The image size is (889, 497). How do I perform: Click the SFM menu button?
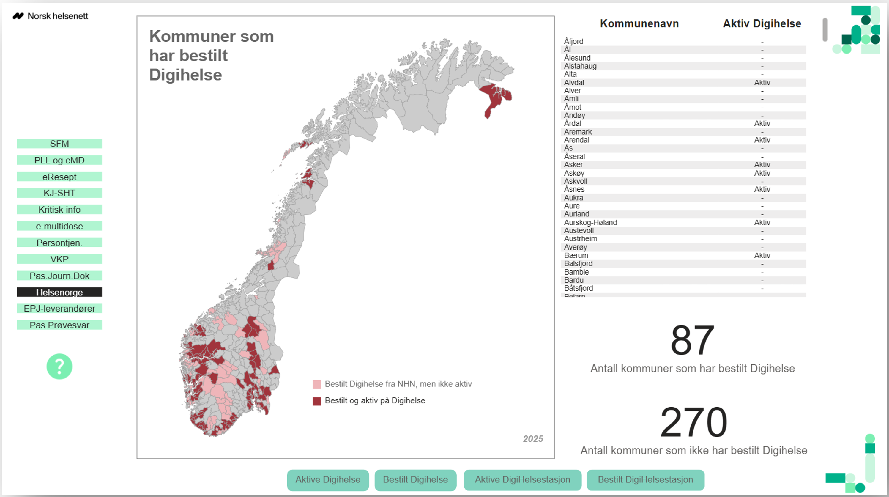click(x=59, y=144)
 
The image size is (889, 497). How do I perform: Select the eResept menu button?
click(x=59, y=177)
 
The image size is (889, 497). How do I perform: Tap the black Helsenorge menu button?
click(x=59, y=292)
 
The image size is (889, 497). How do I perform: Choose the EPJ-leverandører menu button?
click(x=59, y=308)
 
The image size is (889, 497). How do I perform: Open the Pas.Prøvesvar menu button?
click(x=59, y=325)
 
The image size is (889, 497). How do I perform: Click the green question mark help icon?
click(x=59, y=366)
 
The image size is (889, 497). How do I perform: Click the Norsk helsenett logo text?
click(x=58, y=16)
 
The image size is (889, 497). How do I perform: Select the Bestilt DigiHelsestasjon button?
click(x=645, y=479)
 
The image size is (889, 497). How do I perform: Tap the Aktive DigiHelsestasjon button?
click(x=522, y=479)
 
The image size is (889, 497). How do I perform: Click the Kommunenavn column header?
click(x=639, y=23)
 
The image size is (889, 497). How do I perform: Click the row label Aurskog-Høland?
click(x=590, y=222)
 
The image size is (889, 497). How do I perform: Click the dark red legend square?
click(x=316, y=401)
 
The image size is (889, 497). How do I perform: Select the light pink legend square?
click(x=316, y=384)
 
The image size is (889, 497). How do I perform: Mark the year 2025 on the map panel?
click(x=532, y=439)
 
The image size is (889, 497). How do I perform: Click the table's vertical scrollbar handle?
click(x=825, y=30)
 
